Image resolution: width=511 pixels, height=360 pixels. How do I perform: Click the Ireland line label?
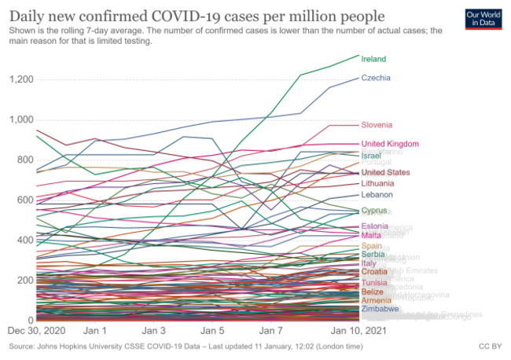coord(374,59)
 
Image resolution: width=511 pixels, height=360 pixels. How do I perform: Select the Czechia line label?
coord(376,78)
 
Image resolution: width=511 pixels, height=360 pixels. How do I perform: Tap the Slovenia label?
coord(377,125)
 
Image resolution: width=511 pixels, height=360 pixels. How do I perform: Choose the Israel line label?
coord(372,156)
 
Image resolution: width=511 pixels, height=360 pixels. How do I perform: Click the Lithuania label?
coord(378,183)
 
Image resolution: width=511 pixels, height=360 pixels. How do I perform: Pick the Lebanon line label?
coord(377,195)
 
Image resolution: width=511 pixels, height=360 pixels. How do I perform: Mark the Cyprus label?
coord(374,211)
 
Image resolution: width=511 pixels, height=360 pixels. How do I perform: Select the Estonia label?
coord(375,227)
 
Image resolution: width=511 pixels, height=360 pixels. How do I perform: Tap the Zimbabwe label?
coord(379,310)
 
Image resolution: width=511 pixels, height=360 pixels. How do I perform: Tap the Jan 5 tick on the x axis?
coord(212,332)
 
